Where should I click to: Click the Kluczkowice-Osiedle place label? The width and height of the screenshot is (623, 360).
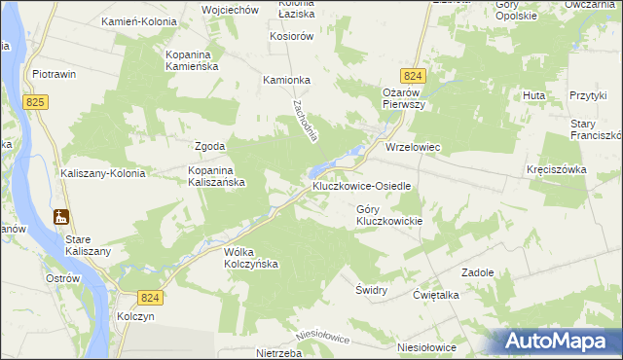pyautogui.click(x=362, y=185)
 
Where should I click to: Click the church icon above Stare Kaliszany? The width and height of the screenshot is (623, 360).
pyautogui.click(x=62, y=216)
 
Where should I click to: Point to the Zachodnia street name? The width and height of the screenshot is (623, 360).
pyautogui.click(x=300, y=119)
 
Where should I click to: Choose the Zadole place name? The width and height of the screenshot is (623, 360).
pyautogui.click(x=478, y=272)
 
